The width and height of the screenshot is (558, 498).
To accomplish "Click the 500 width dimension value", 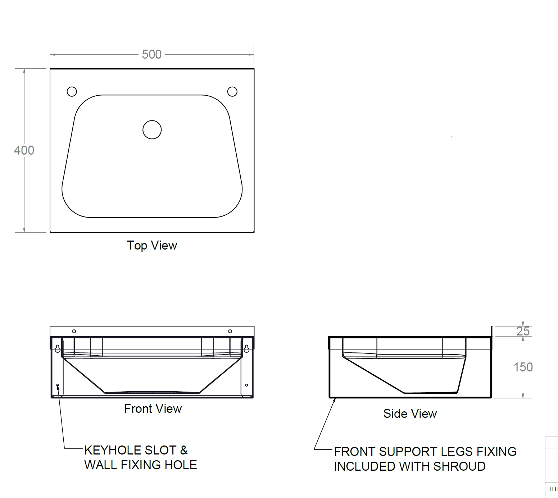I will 151,54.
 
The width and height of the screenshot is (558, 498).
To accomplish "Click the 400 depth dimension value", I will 24,150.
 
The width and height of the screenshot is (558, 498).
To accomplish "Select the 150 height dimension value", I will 523,367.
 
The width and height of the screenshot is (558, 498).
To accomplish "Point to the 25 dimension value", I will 523,331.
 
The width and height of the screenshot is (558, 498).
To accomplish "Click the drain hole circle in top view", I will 152,130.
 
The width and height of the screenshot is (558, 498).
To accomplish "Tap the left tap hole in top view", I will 72,92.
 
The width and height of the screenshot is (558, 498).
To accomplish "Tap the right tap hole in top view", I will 232,92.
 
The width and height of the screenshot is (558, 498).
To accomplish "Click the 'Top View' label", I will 152,245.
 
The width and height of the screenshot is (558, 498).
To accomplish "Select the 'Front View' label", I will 153,408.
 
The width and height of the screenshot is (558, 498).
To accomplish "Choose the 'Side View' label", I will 410,414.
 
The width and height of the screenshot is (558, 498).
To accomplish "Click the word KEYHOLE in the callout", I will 112,450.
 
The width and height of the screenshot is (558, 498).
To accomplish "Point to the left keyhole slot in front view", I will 58,348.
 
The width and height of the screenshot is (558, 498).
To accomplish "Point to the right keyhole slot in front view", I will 246,348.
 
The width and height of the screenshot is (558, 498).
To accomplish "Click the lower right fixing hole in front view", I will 246,385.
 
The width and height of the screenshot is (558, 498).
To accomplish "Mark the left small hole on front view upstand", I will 74,331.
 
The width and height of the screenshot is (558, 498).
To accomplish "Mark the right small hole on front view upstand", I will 230,331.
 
